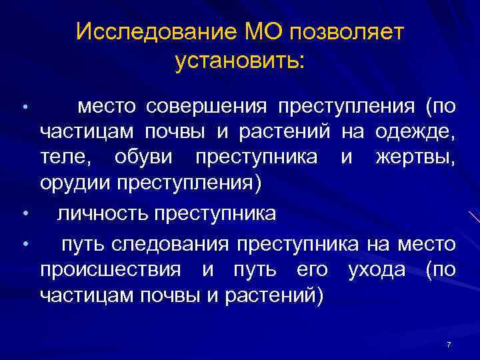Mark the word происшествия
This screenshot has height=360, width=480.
pos(110,270)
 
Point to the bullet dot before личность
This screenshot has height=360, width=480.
pos(24,214)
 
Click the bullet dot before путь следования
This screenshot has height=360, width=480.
pos(24,244)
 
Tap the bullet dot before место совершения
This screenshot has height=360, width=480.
pos(24,107)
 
